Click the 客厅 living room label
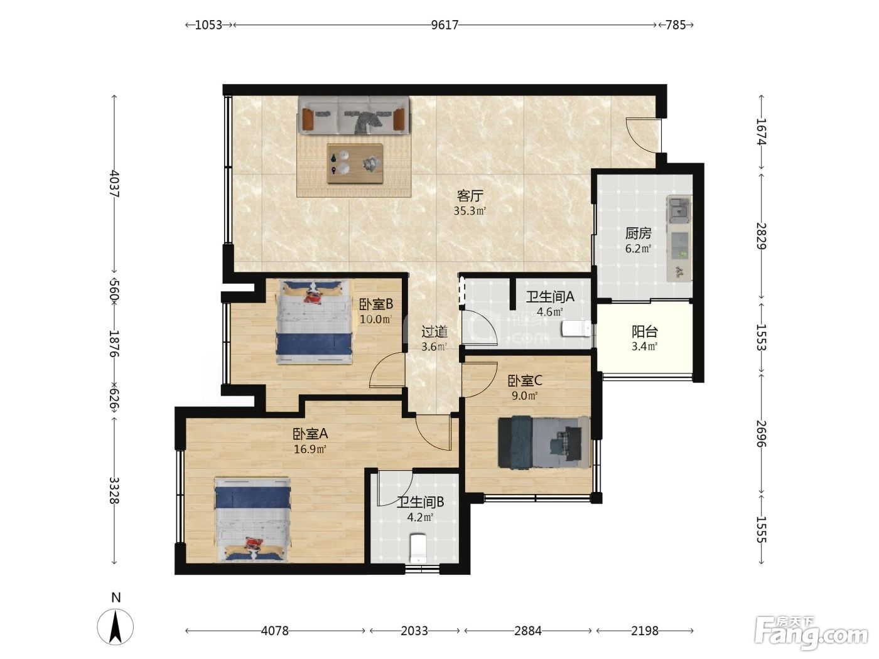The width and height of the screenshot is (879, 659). pos(470,196)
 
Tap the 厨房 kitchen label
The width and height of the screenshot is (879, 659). pos(639,233)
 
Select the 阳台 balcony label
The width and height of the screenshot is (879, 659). pos(645,331)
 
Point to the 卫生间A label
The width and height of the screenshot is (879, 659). pos(550,296)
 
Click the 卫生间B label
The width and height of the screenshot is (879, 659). pos(420,501)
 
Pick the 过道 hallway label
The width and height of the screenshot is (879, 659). pos(434,331)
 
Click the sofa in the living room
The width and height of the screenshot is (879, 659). pos(353,115)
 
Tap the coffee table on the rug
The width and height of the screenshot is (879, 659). pos(355,164)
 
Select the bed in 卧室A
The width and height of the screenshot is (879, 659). pos(252,520)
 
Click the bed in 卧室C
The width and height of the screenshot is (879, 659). pos(544,442)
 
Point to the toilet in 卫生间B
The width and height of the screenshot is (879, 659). pos(419,548)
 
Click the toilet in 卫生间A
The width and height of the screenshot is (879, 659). pos(576,329)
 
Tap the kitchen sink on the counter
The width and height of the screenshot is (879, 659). pos(679,210)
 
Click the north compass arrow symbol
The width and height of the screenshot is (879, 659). pos(116,626)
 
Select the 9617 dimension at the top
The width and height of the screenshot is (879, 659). pos(445,25)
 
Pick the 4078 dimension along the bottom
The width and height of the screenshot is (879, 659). pos(275,631)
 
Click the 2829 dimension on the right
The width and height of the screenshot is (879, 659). pos(761,236)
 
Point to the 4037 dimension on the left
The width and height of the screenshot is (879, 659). pos(114,184)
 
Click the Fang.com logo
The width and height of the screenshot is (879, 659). pos(811,634)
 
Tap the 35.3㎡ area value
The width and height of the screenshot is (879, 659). pos(470,211)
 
